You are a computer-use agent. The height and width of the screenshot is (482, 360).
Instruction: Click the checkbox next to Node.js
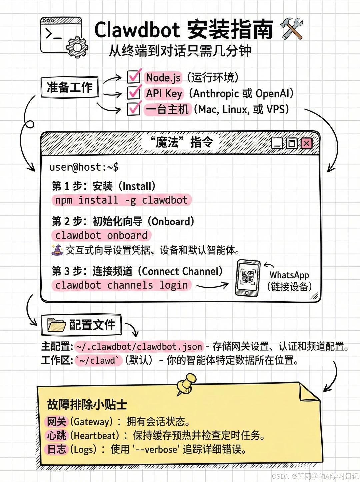tap(134, 77)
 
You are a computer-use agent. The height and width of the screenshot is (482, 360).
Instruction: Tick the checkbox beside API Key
tap(134, 93)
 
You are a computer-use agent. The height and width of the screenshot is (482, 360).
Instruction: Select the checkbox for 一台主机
tap(134, 109)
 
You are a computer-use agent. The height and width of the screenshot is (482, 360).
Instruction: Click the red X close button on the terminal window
tap(306, 143)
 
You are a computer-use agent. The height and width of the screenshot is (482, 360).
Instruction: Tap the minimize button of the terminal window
tap(277, 144)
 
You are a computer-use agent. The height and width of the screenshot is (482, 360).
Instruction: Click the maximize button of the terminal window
tap(292, 143)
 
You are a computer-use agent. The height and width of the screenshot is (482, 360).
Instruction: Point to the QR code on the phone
tap(248, 277)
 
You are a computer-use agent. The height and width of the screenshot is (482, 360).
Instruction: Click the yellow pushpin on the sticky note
tap(187, 383)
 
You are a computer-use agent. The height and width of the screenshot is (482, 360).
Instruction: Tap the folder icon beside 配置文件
tap(56, 325)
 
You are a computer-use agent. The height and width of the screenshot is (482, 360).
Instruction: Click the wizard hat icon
tap(57, 250)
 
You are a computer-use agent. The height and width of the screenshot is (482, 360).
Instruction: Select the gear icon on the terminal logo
tap(77, 48)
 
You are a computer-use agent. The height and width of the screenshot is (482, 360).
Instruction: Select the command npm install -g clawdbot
tap(121, 200)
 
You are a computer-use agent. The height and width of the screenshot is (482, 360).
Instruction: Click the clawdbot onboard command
tap(101, 235)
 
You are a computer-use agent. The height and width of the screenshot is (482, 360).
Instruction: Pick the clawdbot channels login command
tap(121, 285)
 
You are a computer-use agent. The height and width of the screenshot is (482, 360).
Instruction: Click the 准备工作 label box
tap(69, 87)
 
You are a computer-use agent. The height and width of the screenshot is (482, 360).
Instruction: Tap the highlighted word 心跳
tap(57, 435)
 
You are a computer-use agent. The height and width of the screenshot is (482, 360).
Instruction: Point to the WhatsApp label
tap(289, 275)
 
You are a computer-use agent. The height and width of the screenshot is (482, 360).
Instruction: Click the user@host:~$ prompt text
tap(84, 167)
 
